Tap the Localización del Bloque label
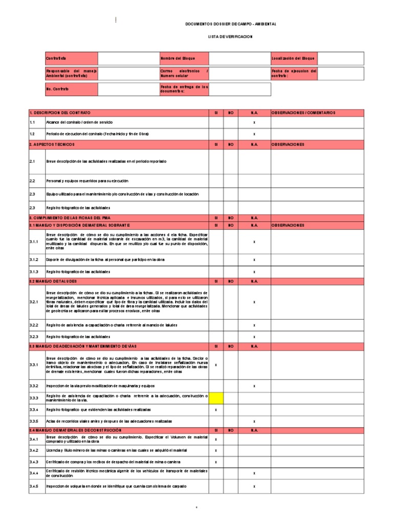293,58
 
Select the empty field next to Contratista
128,58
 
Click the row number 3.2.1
34,302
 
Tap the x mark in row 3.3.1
216,365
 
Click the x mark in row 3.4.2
216,450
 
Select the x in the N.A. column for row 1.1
254,123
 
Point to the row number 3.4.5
34,486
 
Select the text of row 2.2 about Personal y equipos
87,181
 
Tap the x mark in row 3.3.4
216,410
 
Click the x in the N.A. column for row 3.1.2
254,260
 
